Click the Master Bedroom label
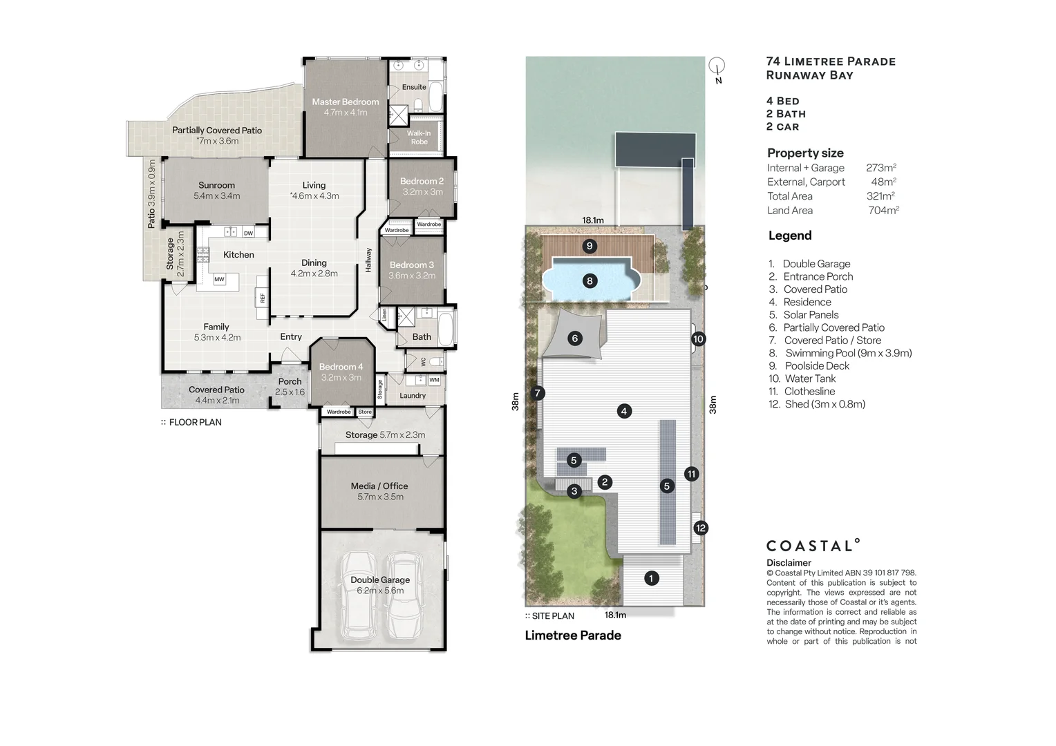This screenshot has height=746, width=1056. pos(345,102)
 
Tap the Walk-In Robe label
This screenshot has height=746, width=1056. pos(419,137)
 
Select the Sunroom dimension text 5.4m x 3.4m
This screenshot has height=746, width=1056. pos(216,196)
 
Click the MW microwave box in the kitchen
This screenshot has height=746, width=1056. pos(219,280)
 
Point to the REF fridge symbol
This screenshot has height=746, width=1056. pos(262,298)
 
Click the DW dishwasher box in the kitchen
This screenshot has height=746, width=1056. pos(248,233)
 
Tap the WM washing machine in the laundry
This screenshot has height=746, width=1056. pos(434,381)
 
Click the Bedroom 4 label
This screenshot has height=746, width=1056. pos(341,367)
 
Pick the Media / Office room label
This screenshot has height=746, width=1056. pos(379,486)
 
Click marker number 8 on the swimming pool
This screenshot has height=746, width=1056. pos(590,281)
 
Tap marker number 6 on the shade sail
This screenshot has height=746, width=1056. pos(574,338)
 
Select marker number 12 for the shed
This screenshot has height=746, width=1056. pos(701,528)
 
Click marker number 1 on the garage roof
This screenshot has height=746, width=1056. pos(651,578)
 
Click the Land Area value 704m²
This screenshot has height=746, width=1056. pos(883,211)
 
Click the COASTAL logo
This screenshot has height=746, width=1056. pos(813,546)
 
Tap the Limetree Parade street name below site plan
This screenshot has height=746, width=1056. pos(573,635)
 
